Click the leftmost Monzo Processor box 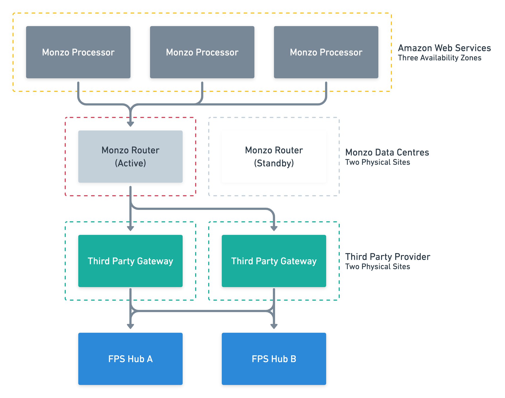point(78,52)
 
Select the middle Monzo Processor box point(202,52)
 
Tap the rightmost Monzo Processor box point(326,52)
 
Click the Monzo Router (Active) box point(130,157)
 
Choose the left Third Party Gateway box point(130,261)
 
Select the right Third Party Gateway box point(274,261)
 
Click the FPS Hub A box point(130,359)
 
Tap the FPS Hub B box point(274,359)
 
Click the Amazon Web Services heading point(444,48)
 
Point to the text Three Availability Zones point(439,58)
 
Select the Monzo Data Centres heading point(387,153)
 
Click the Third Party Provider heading point(388,257)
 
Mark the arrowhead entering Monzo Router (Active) point(130,124)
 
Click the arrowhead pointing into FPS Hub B point(274,326)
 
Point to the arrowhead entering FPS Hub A point(130,326)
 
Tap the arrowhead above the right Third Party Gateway point(274,228)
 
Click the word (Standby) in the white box point(274,163)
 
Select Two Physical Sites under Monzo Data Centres point(378,162)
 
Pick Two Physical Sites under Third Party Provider point(378,267)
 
